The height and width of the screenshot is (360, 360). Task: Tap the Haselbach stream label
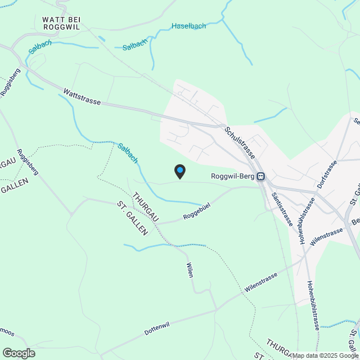(x=188, y=26)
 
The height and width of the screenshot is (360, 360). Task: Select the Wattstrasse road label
(x=82, y=96)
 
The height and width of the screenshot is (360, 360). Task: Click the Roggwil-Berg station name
(x=233, y=176)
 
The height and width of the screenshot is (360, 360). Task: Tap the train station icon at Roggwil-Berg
(x=261, y=177)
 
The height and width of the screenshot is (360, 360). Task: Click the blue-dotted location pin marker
(x=179, y=171)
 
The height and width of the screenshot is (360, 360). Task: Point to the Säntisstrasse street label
(x=281, y=209)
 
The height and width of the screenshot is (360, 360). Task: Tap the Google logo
(x=19, y=353)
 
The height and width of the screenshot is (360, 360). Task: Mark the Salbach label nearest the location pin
(x=128, y=153)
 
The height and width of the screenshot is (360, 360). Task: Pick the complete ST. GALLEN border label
(x=132, y=218)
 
